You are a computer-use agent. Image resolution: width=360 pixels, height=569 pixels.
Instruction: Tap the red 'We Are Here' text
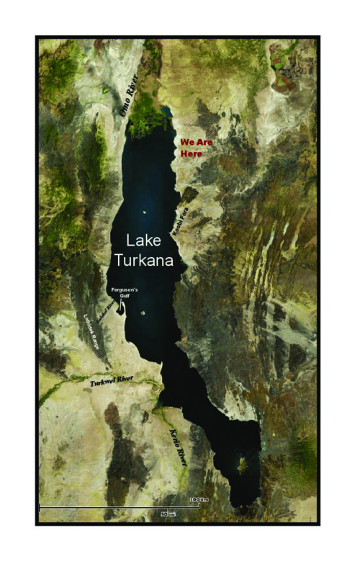196,148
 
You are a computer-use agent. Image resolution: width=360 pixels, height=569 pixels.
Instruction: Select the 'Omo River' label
127,99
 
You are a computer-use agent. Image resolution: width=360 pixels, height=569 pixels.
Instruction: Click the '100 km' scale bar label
199,500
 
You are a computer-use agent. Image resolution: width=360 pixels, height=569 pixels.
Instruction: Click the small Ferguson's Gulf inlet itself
122,308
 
